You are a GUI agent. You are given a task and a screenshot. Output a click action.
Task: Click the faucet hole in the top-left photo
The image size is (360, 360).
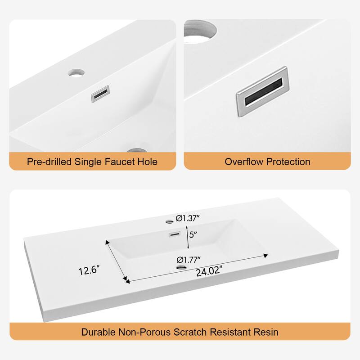coord(76,73)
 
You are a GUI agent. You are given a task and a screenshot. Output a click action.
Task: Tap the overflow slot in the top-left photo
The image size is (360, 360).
coord(100,94)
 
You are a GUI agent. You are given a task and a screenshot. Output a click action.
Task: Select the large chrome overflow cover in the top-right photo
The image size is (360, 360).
coord(263,92)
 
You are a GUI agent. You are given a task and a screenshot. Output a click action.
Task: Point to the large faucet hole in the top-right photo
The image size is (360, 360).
coord(200,31)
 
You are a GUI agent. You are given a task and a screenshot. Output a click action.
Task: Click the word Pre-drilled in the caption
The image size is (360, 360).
coord(49,162)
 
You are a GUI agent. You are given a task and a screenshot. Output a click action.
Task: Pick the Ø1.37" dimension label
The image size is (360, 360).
coord(188,218)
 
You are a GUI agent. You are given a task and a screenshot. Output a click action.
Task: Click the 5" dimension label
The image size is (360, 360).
coord(193,234)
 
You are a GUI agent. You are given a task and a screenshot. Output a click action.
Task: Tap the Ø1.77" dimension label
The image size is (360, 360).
coord(189,260)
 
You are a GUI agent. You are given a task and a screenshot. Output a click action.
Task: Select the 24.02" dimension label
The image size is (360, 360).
coord(209,271)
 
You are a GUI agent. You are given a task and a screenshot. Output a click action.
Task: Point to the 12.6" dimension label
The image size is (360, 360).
coord(89,270)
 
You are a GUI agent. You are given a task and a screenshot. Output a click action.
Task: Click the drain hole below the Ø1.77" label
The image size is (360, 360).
coord(182,267)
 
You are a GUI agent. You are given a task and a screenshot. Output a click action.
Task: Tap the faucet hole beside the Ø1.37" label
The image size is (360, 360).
coord(170,221)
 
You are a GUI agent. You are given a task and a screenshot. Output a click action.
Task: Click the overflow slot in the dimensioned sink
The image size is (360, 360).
coord(175,234)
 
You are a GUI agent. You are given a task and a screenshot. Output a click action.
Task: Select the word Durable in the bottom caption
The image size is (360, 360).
coord(98,332)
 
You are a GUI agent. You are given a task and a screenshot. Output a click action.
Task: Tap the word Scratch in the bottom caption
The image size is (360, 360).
coord(190,332)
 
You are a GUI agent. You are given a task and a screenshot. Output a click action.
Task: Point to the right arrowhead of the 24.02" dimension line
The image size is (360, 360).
coord(266,255)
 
